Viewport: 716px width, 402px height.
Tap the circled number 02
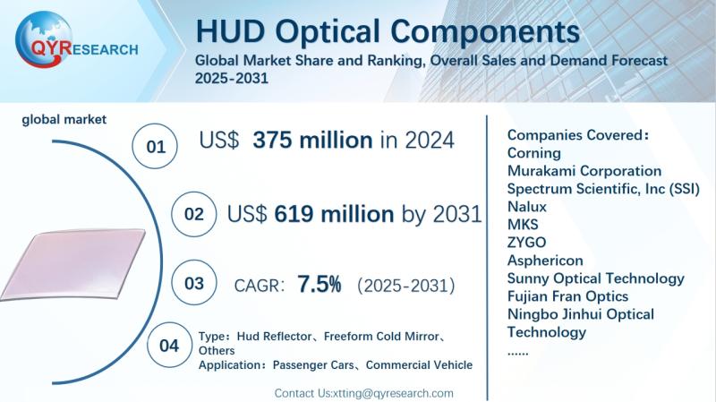(x=192, y=216)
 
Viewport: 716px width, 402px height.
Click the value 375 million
(x=312, y=141)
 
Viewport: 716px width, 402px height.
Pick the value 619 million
(x=334, y=214)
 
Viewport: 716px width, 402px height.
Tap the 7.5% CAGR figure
(x=320, y=285)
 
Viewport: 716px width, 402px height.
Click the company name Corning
(x=534, y=152)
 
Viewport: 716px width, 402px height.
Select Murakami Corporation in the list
(x=584, y=170)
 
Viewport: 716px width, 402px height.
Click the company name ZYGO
(x=526, y=242)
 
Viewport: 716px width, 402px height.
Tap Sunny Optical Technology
(x=595, y=278)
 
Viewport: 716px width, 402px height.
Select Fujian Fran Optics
(x=567, y=296)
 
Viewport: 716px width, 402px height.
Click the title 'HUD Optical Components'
(x=387, y=31)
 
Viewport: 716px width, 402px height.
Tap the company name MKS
(x=522, y=224)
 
